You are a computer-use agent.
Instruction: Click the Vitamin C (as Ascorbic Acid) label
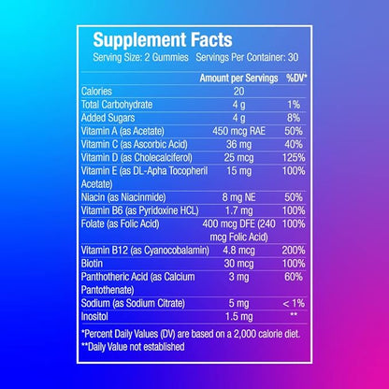137,146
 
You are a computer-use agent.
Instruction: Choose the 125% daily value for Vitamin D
293,159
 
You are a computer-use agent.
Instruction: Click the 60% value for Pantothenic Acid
293,278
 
